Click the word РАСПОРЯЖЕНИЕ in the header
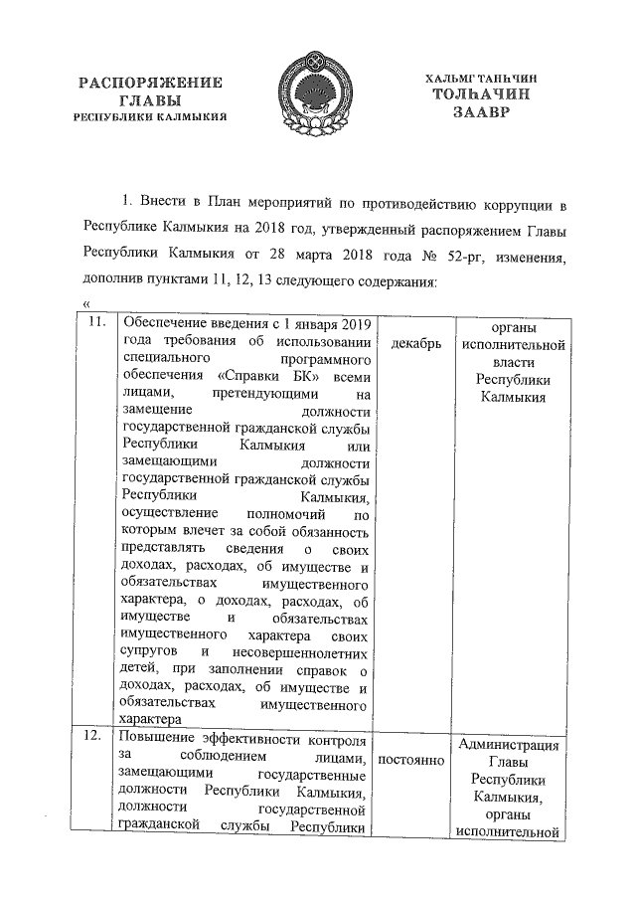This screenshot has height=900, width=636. point(151,83)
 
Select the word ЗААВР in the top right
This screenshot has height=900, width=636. point(484,113)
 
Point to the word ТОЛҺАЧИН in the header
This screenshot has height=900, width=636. point(484,94)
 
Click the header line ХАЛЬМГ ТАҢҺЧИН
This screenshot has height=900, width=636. point(484,78)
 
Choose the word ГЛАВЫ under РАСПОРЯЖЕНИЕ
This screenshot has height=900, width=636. point(150,100)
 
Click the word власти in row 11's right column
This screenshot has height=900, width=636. point(513,363)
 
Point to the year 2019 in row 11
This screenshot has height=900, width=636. point(351,325)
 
